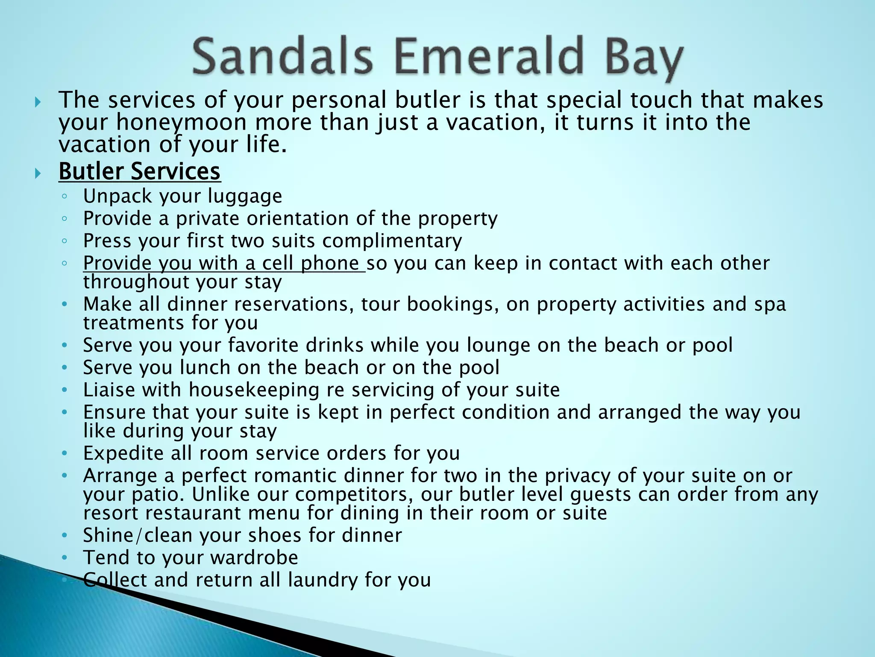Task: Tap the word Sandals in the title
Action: click(x=282, y=57)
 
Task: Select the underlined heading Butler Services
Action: click(x=139, y=172)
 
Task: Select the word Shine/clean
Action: click(x=138, y=536)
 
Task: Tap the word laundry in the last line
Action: click(x=323, y=580)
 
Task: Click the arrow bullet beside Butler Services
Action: click(x=38, y=173)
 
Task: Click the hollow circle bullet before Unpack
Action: click(x=64, y=197)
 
